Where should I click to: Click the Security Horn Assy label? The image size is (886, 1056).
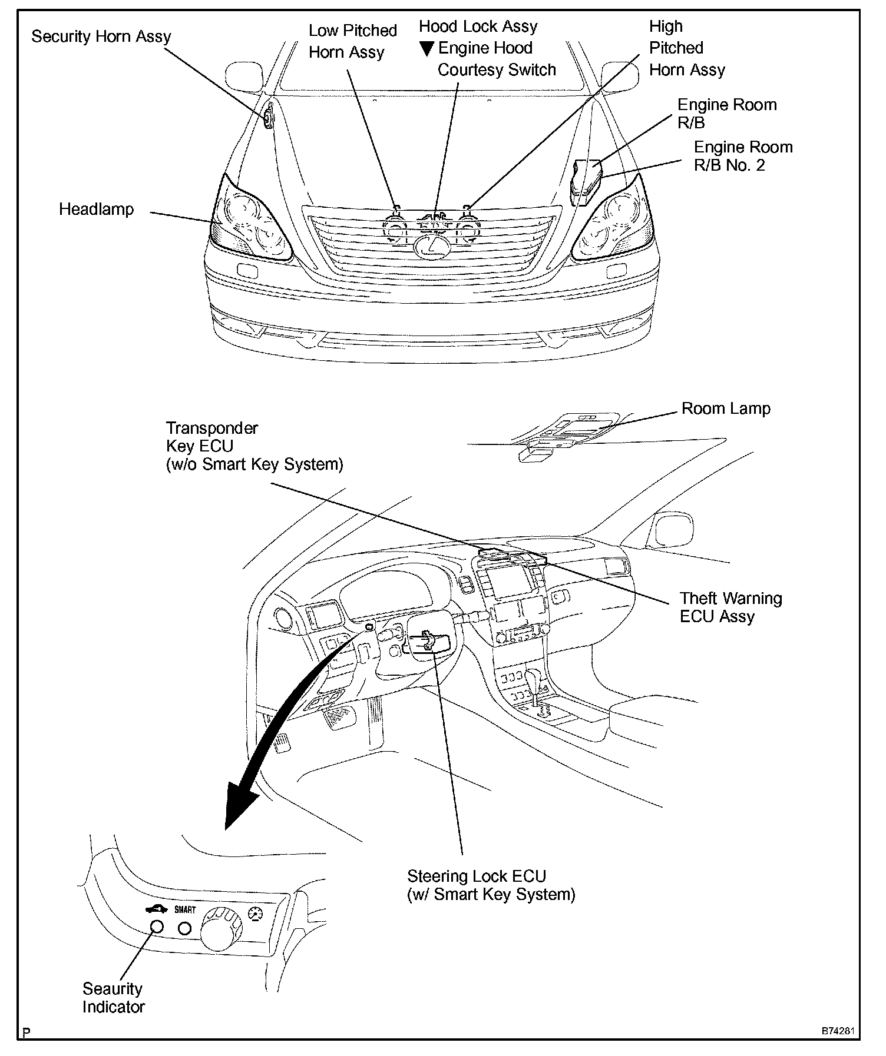click(101, 36)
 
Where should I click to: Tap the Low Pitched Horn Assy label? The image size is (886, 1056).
click(352, 41)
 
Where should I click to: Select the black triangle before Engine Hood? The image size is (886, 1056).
click(427, 49)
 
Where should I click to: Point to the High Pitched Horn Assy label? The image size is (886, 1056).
click(686, 48)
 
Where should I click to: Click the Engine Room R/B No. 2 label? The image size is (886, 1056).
click(742, 155)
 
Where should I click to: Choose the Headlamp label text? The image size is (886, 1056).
click(96, 210)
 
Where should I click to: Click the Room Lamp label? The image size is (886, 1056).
click(725, 409)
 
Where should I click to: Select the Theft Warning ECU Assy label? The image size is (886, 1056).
click(730, 607)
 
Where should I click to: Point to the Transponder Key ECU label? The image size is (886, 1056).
click(254, 446)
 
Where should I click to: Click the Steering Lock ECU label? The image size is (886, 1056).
click(490, 885)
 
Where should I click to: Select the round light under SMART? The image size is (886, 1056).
click(185, 928)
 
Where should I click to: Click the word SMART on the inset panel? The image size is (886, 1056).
click(185, 910)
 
